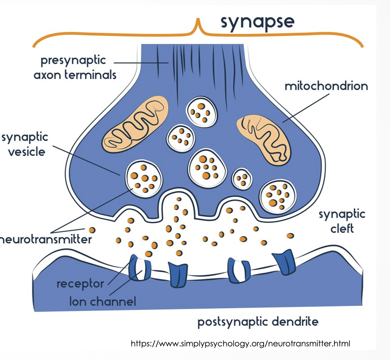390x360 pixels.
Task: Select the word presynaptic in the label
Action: (73, 60)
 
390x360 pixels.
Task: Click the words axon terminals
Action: (75, 75)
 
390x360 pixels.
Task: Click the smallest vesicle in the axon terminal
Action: (242, 179)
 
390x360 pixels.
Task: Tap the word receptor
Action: (80, 284)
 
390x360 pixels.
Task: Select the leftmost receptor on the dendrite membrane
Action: (138, 267)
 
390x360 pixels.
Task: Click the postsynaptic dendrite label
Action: (258, 322)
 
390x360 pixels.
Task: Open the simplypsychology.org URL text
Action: (240, 344)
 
